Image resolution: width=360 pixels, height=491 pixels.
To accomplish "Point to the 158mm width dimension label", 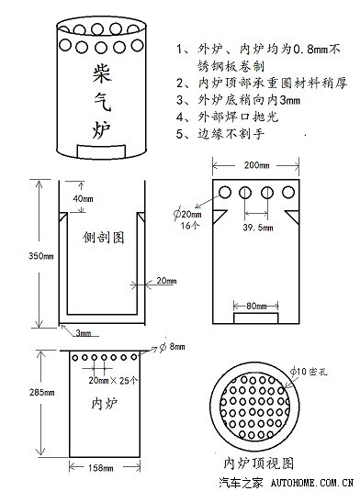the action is coord(102,469).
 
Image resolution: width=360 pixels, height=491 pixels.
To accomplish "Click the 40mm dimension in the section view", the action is coord(82,199).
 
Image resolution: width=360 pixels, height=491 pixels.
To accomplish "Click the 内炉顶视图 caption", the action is coord(257,460).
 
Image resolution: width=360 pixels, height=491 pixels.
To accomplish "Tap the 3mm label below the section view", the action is coord(84,332).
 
